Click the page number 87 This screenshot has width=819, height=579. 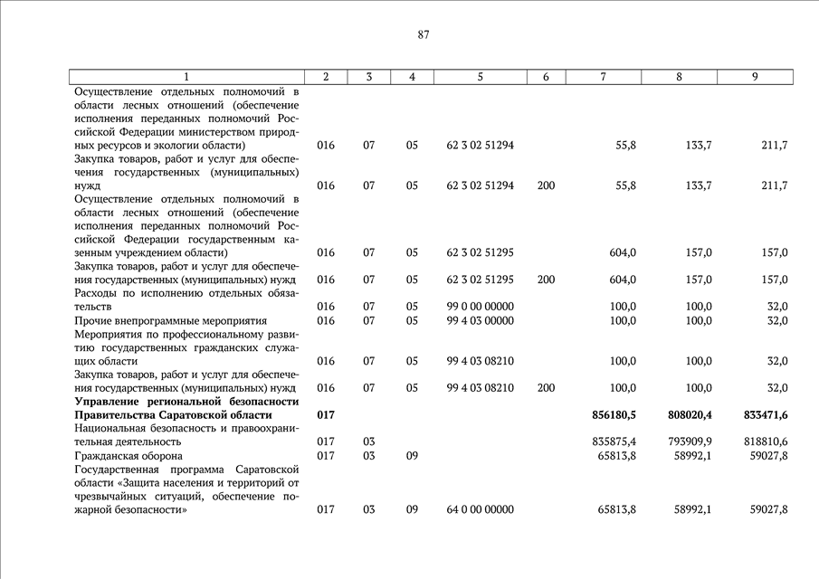424,35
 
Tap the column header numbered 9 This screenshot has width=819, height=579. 754,77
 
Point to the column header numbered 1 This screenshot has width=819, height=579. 186,77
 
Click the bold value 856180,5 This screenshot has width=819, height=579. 610,414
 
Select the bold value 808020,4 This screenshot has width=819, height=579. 687,414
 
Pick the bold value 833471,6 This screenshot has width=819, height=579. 763,414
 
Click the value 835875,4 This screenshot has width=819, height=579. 611,441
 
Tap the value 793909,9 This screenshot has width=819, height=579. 687,441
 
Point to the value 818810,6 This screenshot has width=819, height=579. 763,441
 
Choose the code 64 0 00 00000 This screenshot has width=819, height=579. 481,509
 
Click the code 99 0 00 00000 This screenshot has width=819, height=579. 481,307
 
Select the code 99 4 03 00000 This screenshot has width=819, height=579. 481,320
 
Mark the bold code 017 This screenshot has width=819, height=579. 326,414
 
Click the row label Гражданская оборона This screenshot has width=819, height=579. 129,456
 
